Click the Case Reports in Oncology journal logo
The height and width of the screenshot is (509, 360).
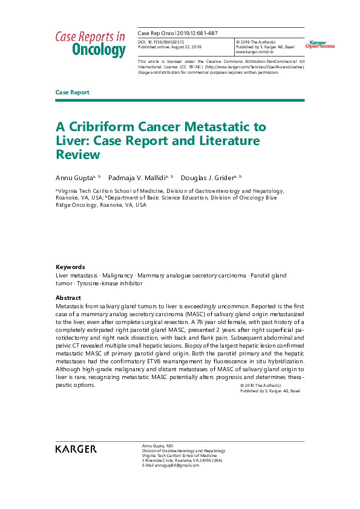pyautogui.click(x=90, y=44)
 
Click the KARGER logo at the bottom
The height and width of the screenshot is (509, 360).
pyautogui.click(x=76, y=449)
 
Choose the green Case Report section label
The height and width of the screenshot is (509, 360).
pyautogui.click(x=72, y=92)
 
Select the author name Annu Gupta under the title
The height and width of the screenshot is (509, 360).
pyautogui.click(x=75, y=177)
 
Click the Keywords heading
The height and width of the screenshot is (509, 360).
pyautogui.click(x=70, y=267)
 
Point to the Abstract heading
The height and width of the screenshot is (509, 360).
pyautogui.click(x=68, y=298)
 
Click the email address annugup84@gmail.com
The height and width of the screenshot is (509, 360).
pyautogui.click(x=171, y=465)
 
